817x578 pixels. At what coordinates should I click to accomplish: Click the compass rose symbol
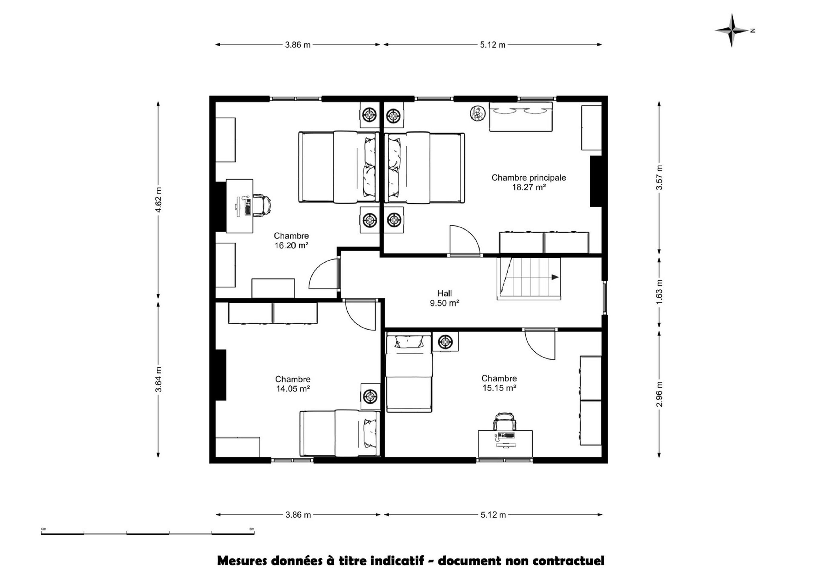tap(731, 31)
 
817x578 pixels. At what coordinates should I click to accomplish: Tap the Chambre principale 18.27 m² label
tap(529, 182)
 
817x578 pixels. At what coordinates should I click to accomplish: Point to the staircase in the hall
tap(529, 278)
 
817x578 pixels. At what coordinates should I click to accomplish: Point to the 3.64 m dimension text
tap(159, 379)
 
